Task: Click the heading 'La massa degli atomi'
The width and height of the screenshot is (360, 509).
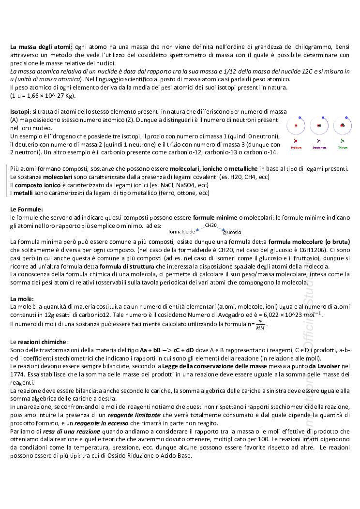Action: point(41,47)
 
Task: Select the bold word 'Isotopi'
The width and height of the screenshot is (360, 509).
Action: point(20,112)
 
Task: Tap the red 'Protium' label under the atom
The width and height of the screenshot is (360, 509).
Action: point(297,147)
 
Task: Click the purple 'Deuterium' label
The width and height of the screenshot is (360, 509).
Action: point(319,147)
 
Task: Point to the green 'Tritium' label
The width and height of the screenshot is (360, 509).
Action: point(343,147)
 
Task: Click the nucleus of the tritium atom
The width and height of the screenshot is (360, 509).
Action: point(343,126)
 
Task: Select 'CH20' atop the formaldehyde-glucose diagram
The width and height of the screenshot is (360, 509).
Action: point(211,225)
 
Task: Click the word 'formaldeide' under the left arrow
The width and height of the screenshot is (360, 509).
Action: point(181,232)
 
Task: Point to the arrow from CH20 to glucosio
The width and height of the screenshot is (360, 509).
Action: point(223,228)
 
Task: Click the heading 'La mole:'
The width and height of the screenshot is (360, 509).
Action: point(22,299)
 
